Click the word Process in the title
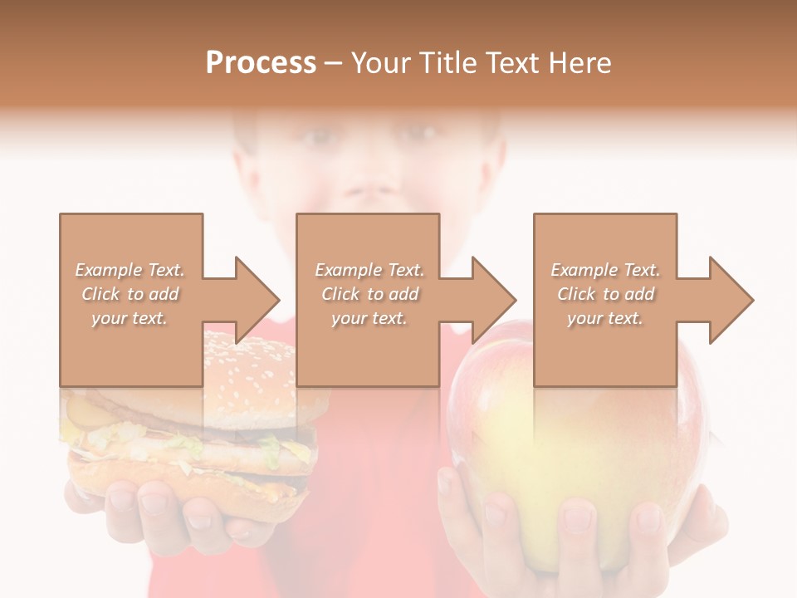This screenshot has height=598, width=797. click(x=261, y=63)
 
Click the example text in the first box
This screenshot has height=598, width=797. click(x=130, y=294)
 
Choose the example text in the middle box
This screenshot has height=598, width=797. click(x=369, y=294)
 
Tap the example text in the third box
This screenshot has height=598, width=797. click(x=605, y=294)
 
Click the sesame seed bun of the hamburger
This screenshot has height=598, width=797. click(x=249, y=365)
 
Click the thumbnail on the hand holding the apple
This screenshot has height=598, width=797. click(x=577, y=519)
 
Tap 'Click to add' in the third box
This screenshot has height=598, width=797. click(x=605, y=294)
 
